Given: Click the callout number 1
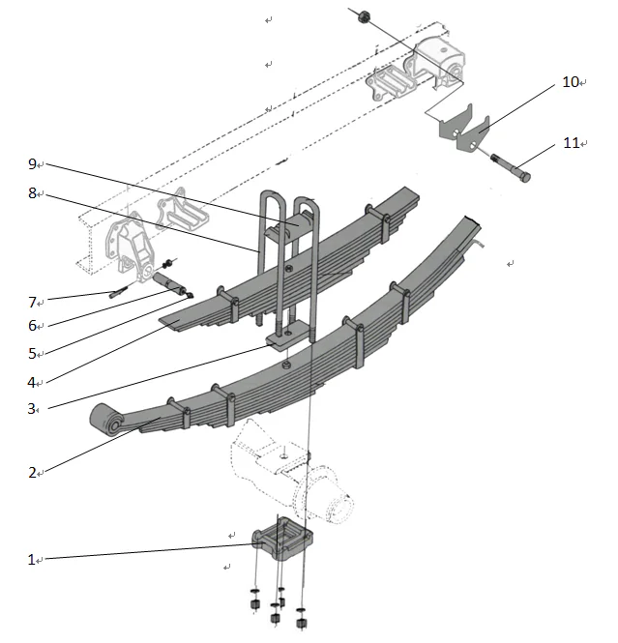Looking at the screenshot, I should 31,559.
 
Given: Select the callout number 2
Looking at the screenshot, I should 32,473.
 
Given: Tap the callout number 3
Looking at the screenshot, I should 32,408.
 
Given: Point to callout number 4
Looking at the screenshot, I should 32,381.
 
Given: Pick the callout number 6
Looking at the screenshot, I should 32,327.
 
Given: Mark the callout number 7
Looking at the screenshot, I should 32,302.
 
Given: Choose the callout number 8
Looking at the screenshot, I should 32,193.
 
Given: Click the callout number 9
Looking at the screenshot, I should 32,164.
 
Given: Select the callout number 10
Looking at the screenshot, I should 570,82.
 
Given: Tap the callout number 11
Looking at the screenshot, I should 570,143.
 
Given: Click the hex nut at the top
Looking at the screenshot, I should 364,16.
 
